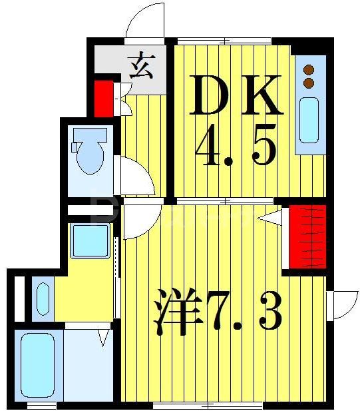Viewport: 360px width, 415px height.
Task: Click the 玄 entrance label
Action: pos(141,68)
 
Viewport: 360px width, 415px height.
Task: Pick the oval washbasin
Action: pos(42,298)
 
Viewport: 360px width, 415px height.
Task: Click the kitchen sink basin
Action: pos(309,120)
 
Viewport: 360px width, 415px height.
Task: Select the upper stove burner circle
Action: pos(309,69)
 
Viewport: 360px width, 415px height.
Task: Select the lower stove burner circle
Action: pos(309,83)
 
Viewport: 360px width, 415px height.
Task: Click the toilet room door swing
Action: pos(136,175)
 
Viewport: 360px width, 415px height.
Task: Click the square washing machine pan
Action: pos(90,241)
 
